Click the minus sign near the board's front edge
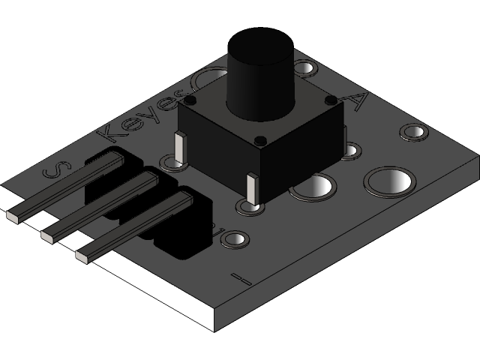[x=241, y=278]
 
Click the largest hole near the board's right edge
[x=389, y=181]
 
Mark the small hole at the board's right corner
[x=413, y=131]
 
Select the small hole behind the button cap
[x=304, y=70]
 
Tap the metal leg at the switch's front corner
[x=253, y=188]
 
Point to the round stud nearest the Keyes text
[x=190, y=100]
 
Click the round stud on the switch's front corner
[x=260, y=140]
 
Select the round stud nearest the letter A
[x=329, y=99]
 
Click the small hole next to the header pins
[x=234, y=239]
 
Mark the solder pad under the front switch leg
[x=250, y=206]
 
